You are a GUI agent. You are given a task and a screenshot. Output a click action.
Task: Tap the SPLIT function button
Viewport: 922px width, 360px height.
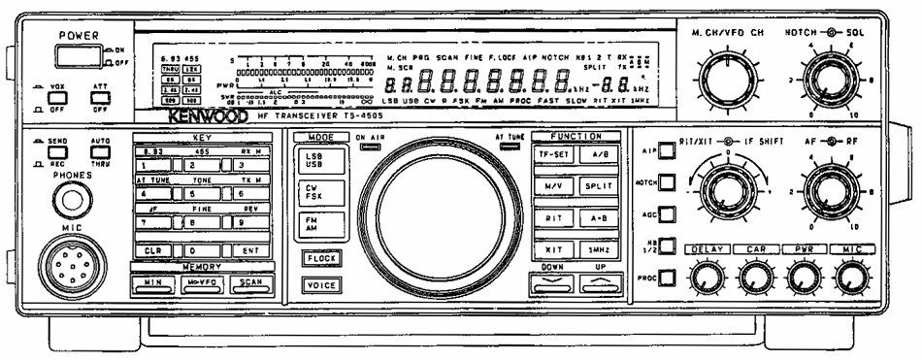click(x=594, y=185)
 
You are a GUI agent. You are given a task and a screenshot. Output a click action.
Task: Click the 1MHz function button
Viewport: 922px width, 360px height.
click(x=594, y=250)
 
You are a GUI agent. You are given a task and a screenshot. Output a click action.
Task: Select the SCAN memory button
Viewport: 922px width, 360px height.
click(x=249, y=282)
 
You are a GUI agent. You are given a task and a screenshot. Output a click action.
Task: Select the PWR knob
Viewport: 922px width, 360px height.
click(x=802, y=281)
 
